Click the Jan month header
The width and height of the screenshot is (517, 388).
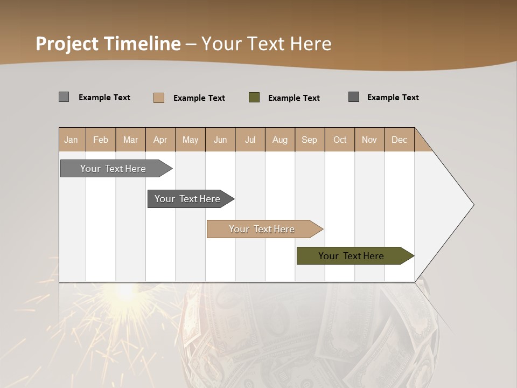coord(72,140)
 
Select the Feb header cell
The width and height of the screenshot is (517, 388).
coord(101,140)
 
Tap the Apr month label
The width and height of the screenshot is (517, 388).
coord(160,140)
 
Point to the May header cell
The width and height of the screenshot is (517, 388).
coord(190,140)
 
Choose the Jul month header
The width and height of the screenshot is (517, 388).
coord(250,140)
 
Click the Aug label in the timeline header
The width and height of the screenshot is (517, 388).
coord(280,140)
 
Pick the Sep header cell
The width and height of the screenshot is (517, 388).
coord(310,140)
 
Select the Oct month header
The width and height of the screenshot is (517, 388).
coord(340,140)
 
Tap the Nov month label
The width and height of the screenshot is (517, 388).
coord(369,140)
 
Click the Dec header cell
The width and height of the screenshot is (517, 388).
coord(400,140)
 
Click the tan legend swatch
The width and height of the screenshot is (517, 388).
coord(159,98)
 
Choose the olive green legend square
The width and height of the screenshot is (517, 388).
coord(254,98)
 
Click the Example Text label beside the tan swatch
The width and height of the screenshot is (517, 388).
coord(199,98)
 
